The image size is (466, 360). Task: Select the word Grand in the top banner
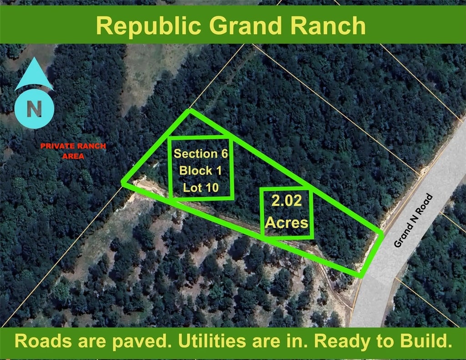(246, 25)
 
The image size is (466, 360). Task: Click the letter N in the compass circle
(34, 109)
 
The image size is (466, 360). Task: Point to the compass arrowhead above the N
(34, 74)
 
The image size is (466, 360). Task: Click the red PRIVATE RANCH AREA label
(73, 151)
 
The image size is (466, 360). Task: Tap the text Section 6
(201, 154)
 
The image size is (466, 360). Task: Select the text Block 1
(200, 171)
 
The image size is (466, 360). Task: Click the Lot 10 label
(201, 188)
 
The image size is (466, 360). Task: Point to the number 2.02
(287, 201)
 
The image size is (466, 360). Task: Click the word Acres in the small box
(287, 223)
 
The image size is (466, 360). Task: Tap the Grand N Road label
(413, 220)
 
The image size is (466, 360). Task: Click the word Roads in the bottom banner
(43, 341)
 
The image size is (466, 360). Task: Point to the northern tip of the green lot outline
(189, 110)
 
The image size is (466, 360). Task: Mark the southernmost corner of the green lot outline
(361, 276)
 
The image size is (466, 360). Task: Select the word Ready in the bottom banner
(344, 342)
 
